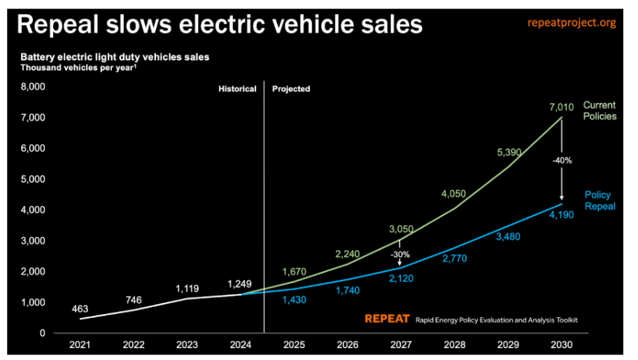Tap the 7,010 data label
click(x=561, y=107)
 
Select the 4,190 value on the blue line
click(x=561, y=215)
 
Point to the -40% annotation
click(x=562, y=160)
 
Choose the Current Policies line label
click(x=600, y=110)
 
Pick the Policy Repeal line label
click(x=600, y=201)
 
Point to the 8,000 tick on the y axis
click(x=33, y=87)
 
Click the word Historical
click(x=237, y=89)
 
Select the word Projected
click(x=291, y=89)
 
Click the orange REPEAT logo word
click(x=387, y=319)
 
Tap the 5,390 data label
click(x=508, y=152)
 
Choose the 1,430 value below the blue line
click(x=295, y=299)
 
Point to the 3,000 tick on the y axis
click(x=33, y=240)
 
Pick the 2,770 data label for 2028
click(x=454, y=259)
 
